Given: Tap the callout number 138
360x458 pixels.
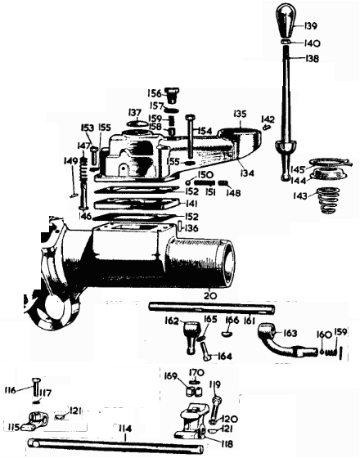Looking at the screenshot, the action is (312, 58).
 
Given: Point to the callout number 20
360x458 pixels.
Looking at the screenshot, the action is (210, 295).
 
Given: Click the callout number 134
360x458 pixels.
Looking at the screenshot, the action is (247, 173).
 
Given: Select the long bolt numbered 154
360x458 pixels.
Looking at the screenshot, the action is (189, 136).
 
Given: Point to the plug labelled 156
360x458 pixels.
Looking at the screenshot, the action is (173, 95).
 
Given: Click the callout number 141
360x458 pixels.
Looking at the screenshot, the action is (191, 204).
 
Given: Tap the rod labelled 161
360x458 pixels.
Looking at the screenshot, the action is (212, 308).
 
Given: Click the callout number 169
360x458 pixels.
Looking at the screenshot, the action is (171, 376).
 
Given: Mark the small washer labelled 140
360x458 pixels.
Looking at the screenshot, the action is (286, 43).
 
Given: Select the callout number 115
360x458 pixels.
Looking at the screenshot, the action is (12, 428).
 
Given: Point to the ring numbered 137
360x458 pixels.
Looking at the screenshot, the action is (138, 123).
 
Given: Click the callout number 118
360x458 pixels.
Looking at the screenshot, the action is (227, 444).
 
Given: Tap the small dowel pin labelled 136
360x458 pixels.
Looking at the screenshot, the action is (180, 227).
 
